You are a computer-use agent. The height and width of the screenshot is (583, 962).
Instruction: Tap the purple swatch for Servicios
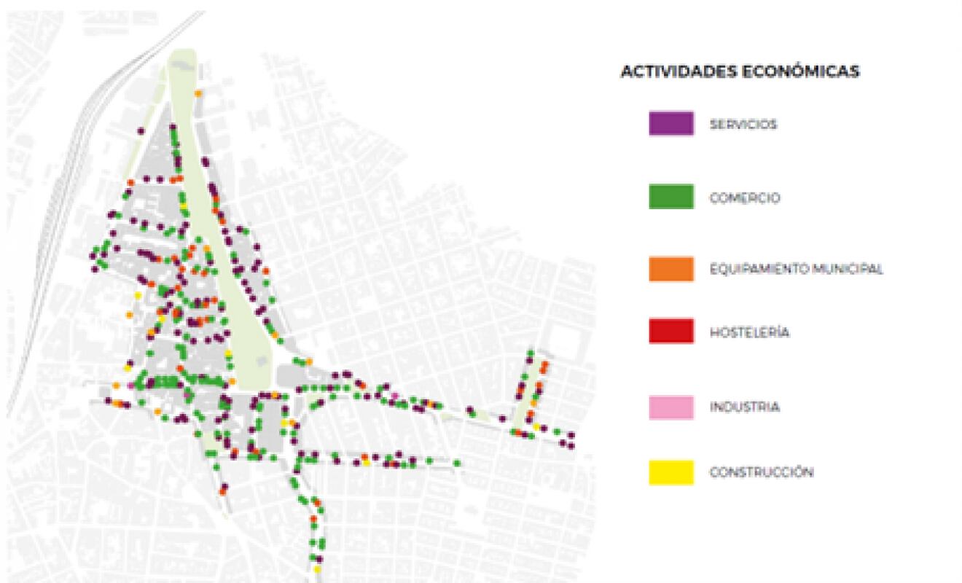(670, 123)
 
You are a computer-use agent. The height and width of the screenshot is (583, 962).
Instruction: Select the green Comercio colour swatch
(670, 197)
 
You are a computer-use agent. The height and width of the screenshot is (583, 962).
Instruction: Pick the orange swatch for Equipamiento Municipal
(670, 269)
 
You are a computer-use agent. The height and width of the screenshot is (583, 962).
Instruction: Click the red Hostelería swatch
(670, 332)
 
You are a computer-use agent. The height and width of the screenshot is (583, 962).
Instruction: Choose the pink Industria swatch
(670, 407)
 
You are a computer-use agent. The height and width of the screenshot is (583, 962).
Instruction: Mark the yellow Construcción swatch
(670, 472)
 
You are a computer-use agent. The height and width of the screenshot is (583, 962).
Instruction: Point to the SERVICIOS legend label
(743, 125)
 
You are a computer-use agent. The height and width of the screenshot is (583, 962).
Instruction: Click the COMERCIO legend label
(745, 197)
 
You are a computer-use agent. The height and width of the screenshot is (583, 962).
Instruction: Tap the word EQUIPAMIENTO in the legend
(750, 269)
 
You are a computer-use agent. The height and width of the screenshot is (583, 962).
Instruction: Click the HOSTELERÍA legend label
(749, 332)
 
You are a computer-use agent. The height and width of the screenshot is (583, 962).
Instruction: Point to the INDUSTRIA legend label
(745, 407)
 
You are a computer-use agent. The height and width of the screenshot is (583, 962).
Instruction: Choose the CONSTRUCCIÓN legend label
(762, 472)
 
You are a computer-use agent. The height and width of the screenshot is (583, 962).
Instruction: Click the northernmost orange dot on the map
(198, 93)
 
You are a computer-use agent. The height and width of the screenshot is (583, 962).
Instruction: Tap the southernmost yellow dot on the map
(318, 568)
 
